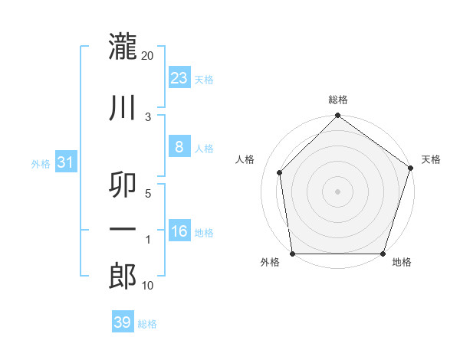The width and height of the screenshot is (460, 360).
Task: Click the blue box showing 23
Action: [x=179, y=78]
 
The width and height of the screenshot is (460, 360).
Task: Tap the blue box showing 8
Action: [x=179, y=147]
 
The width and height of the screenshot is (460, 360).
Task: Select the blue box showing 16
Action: [x=179, y=231]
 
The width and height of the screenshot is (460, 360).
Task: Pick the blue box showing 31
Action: [x=65, y=162]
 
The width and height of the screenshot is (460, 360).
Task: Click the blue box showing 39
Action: [x=122, y=322]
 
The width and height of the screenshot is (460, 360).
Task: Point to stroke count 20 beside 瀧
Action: [x=148, y=56]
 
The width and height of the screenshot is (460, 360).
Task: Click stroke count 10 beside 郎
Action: [x=148, y=286]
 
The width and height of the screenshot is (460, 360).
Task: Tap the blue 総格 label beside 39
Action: [x=147, y=324]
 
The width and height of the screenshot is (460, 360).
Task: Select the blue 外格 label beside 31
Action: [x=41, y=164]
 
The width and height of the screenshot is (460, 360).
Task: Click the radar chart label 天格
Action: [x=432, y=159]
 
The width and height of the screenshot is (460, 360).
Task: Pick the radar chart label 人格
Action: [x=245, y=159]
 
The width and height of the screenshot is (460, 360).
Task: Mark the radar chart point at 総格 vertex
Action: [x=337, y=116]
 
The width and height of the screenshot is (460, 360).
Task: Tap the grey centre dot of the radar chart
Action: [x=337, y=191]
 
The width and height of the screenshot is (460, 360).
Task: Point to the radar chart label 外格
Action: [x=270, y=263]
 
